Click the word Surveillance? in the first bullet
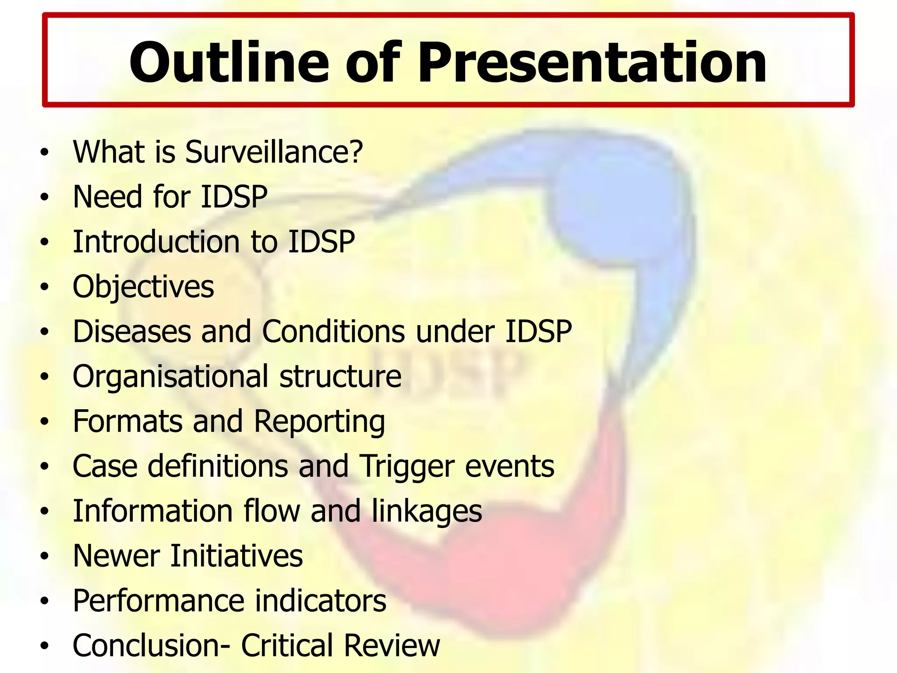[x=274, y=152]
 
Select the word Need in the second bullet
[x=108, y=197]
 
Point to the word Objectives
[x=143, y=287]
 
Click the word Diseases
[x=131, y=331]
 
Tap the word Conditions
[x=333, y=331]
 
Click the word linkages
[x=427, y=512]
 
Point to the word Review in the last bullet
[x=392, y=646]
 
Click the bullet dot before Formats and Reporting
[x=44, y=422]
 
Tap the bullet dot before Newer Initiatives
[x=44, y=556]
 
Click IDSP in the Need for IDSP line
[x=234, y=197]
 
